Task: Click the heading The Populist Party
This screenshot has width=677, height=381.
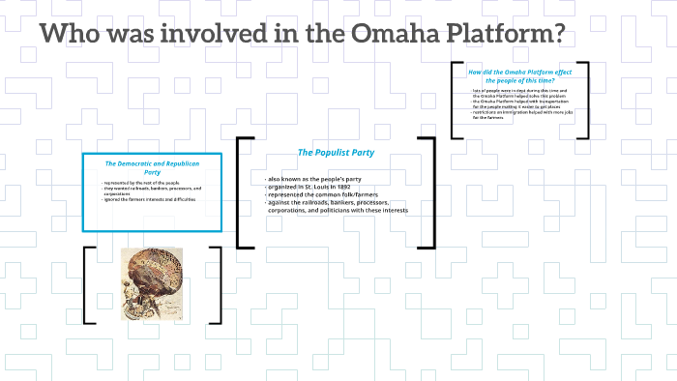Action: (329, 153)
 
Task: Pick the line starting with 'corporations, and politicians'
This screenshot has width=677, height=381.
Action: (338, 211)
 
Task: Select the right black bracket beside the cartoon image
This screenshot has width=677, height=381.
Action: (216, 284)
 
